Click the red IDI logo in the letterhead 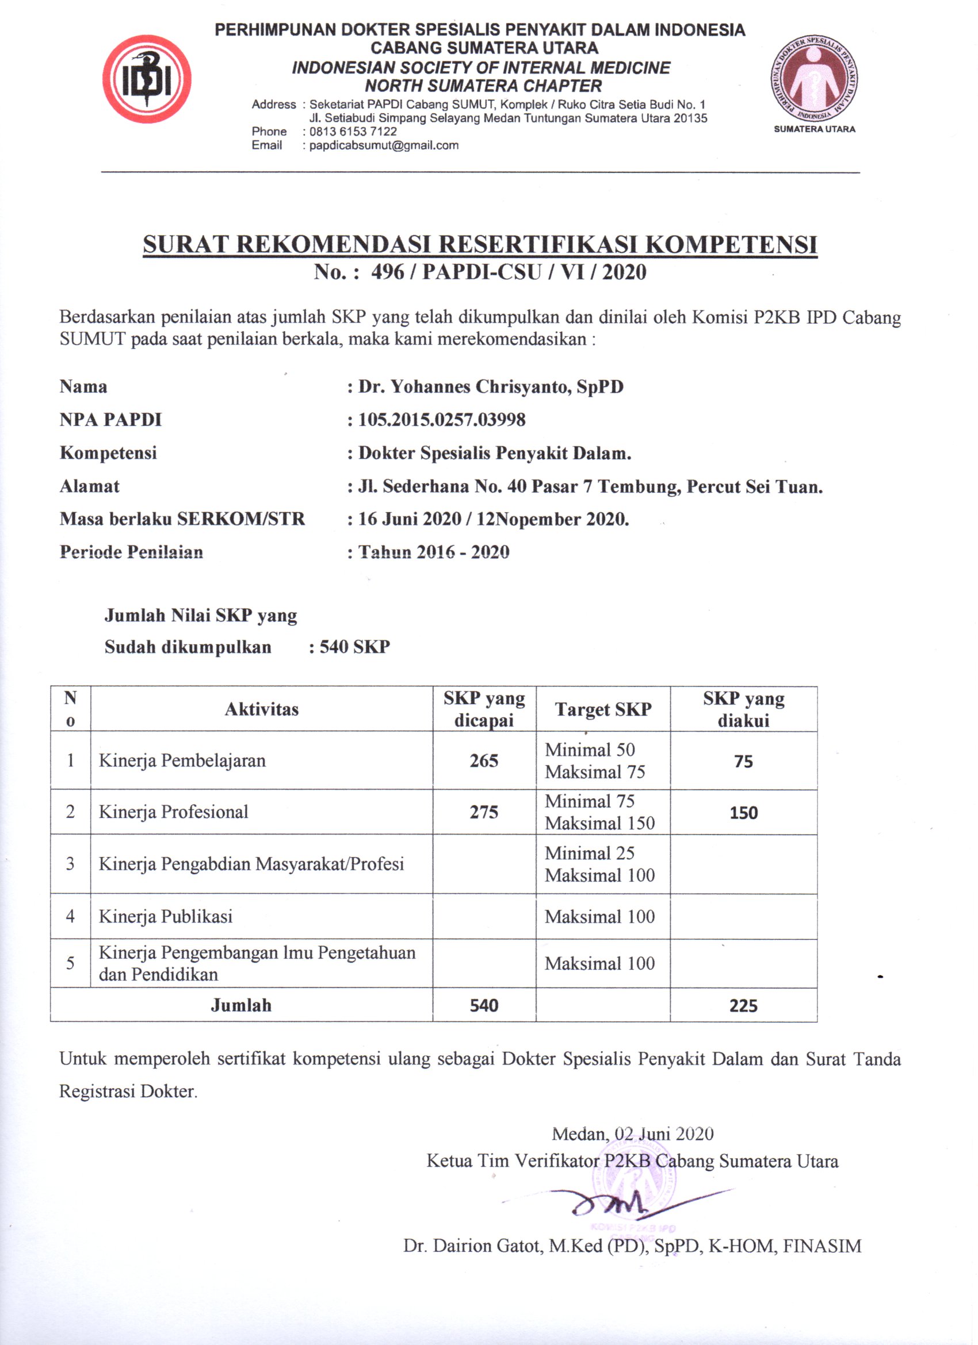147,79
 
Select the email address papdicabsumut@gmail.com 383,145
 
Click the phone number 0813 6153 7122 353,131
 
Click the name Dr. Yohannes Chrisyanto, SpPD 490,387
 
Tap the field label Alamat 90,486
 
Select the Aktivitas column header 261,709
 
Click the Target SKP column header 603,709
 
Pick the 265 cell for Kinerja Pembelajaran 484,761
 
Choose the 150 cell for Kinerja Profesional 744,812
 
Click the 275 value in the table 484,812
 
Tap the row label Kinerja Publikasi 166,916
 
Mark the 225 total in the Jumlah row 744,1006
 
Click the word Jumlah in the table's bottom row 241,1005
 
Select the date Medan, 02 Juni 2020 633,1134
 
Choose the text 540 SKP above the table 354,647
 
